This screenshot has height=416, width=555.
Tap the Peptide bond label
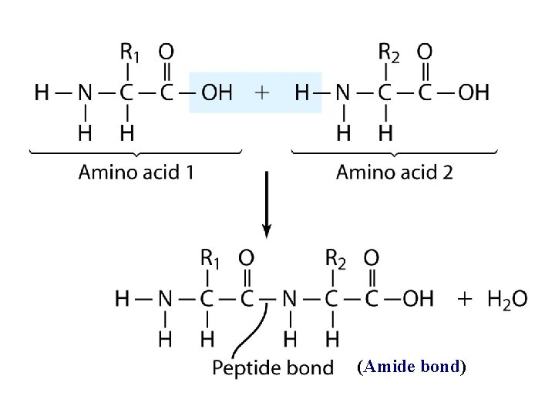(273, 367)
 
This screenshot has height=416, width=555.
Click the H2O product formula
(507, 298)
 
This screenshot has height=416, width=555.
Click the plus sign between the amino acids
(262, 93)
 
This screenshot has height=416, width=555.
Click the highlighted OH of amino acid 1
(216, 93)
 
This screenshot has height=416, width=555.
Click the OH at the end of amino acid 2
(473, 93)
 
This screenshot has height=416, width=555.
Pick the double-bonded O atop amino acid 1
(166, 52)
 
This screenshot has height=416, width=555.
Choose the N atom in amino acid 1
(85, 93)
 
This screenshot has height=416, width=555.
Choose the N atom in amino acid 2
(343, 93)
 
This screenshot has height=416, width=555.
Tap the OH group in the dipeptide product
(418, 297)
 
